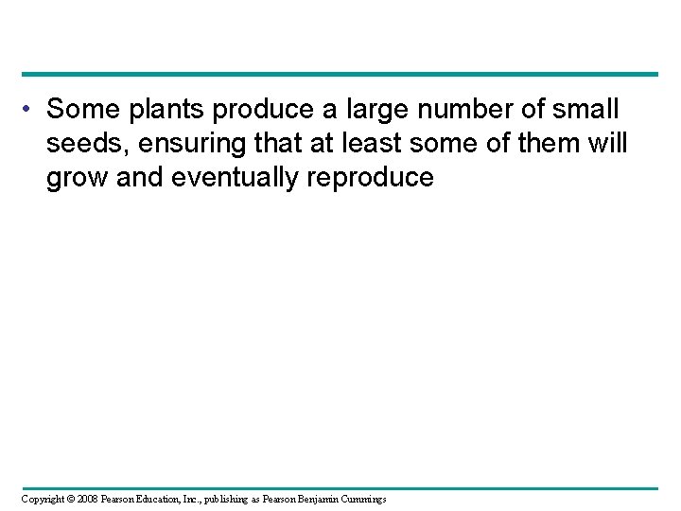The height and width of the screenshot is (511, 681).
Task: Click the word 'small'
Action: pyautogui.click(x=585, y=110)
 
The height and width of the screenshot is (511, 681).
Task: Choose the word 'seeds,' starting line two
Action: pyautogui.click(x=83, y=144)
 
